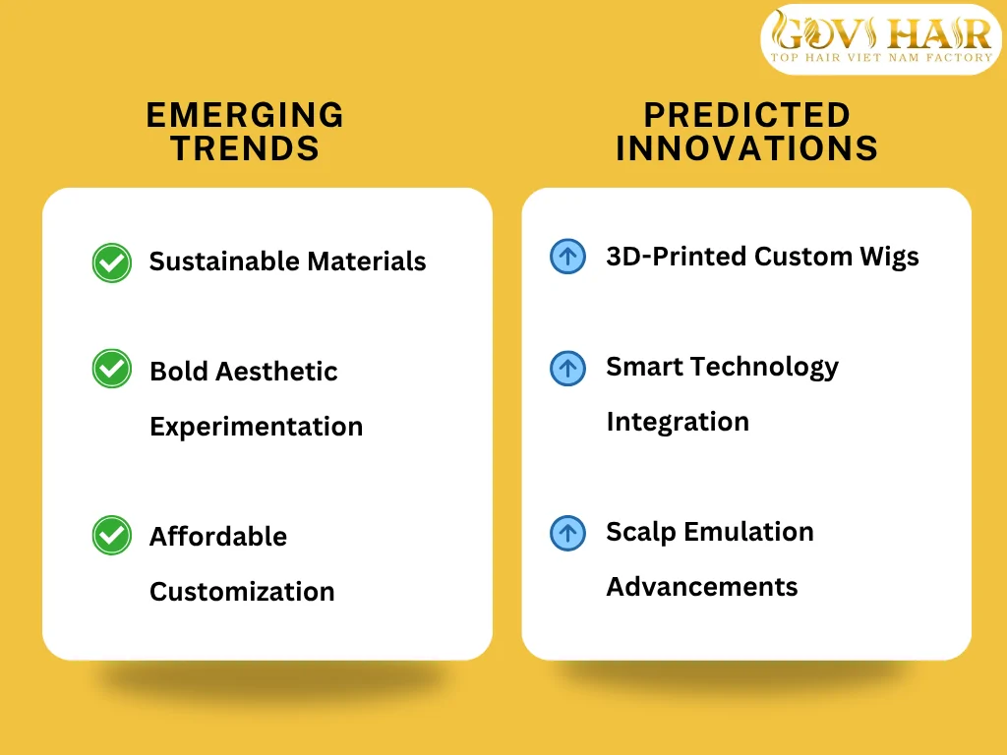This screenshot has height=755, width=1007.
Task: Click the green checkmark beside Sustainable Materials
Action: (112, 262)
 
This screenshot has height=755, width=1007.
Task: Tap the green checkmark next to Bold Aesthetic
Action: (112, 369)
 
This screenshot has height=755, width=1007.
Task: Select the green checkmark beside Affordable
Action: (112, 535)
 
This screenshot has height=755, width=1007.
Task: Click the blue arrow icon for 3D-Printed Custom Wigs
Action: (567, 257)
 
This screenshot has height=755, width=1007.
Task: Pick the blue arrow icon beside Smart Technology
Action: (567, 368)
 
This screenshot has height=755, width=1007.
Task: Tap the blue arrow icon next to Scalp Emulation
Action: (567, 533)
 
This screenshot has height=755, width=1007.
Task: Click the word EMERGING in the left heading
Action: (245, 116)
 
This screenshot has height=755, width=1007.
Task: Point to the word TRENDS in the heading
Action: (245, 148)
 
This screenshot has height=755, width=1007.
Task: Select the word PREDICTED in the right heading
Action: (747, 116)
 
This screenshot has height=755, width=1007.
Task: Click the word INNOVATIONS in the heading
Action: (747, 148)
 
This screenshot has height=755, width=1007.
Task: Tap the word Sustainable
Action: (224, 261)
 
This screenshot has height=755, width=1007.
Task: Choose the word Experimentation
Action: (257, 428)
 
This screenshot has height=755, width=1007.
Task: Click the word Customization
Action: (242, 592)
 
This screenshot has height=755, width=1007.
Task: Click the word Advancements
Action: (702, 587)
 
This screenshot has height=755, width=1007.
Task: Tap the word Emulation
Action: (748, 532)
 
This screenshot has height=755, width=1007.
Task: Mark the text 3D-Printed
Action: (677, 257)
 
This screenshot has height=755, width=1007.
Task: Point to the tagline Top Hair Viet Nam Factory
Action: (881, 57)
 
